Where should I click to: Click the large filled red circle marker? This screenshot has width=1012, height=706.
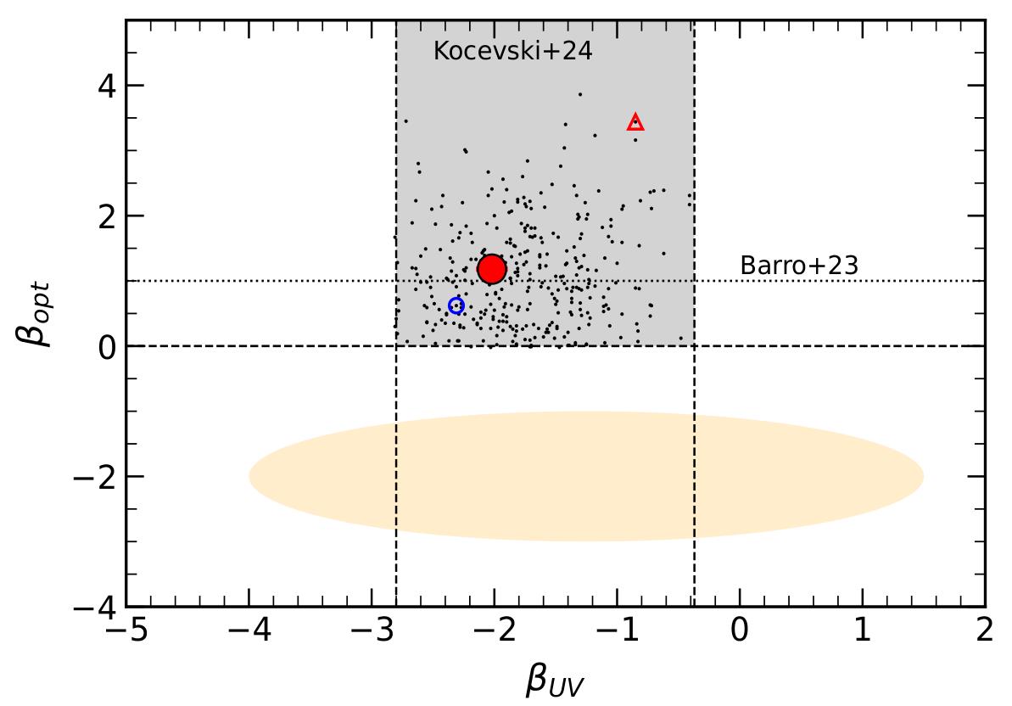pyautogui.click(x=492, y=269)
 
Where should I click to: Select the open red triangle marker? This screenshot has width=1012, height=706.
pyautogui.click(x=635, y=123)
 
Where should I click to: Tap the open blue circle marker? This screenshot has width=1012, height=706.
pyautogui.click(x=456, y=305)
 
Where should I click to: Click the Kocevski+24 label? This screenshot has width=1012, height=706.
pyautogui.click(x=512, y=51)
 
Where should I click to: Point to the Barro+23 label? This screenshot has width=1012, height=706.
pyautogui.click(x=799, y=266)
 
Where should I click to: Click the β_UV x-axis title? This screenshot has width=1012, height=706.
pyautogui.click(x=555, y=680)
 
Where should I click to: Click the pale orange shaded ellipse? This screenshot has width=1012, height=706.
pyautogui.click(x=586, y=477)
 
